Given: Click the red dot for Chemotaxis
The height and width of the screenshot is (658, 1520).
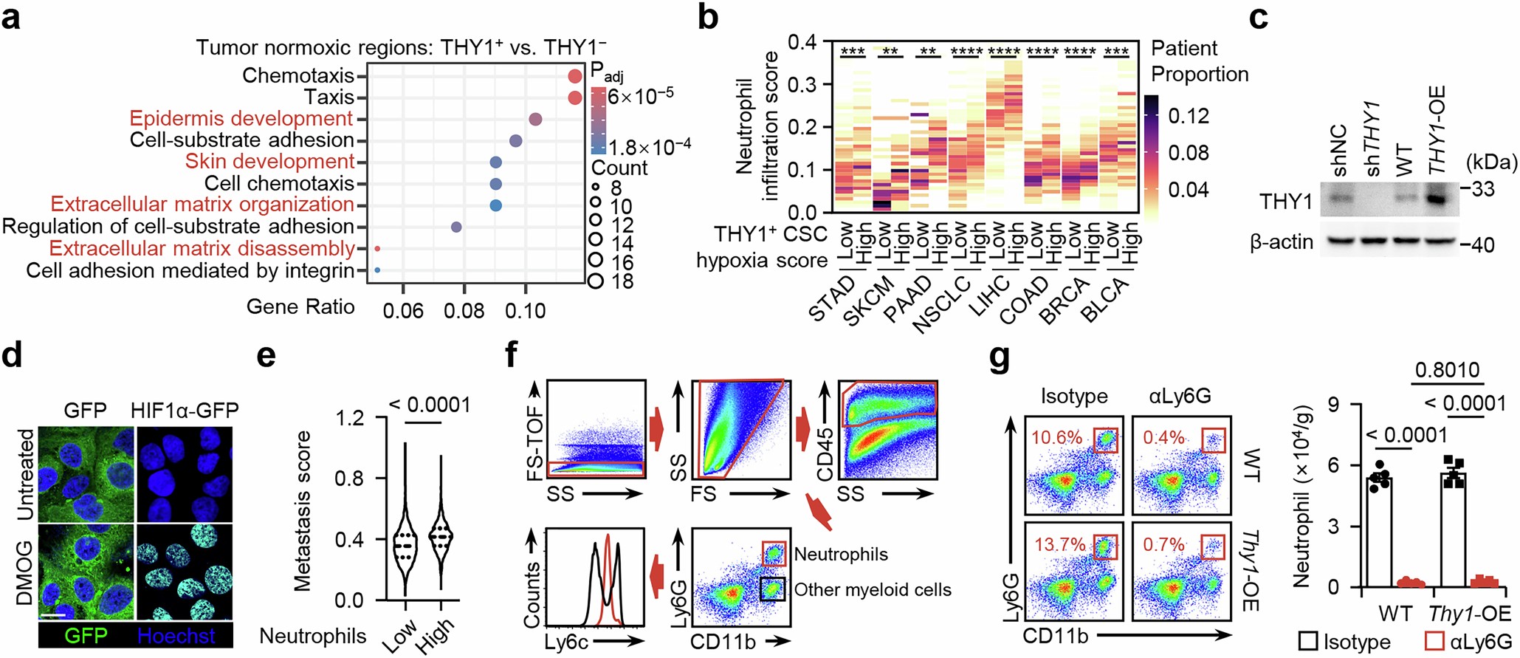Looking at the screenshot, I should [575, 76].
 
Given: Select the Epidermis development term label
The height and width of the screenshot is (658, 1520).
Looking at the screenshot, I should [241, 119].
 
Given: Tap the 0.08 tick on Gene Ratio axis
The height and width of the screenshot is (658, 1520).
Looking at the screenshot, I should [464, 311].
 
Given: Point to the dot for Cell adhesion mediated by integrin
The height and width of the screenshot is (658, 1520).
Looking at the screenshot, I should [377, 270].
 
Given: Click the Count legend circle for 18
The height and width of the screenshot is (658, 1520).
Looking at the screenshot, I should [595, 281].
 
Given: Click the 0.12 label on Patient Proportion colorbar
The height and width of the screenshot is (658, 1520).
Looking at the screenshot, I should [1189, 116].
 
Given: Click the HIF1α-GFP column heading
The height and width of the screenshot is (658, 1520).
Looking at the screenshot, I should [185, 410].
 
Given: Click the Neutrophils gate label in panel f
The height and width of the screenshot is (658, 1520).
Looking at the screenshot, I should [841, 554].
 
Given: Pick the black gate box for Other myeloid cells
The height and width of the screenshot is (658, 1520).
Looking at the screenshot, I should [773, 589].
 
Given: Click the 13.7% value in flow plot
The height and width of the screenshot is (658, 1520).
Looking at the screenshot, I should [1059, 544].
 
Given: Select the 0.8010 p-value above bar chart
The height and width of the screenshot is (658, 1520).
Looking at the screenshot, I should [1447, 369].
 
